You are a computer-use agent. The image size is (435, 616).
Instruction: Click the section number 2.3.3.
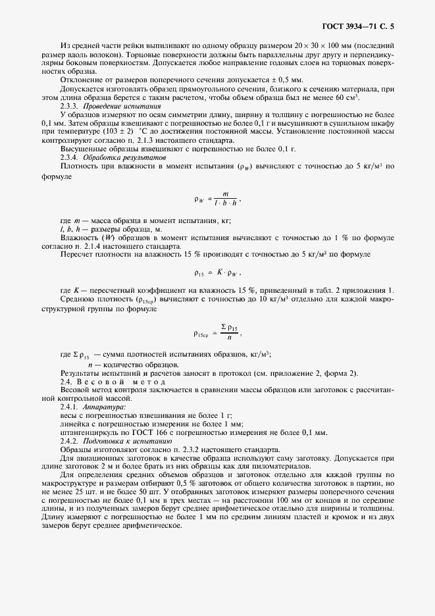pos(70,105)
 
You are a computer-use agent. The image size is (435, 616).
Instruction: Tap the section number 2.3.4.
pos(70,157)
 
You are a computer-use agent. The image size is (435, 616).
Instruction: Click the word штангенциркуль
pos(90,433)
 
